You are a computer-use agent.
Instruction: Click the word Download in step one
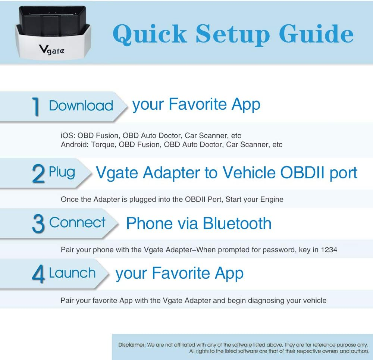coord(81,106)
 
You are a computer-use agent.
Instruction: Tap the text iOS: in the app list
coord(68,135)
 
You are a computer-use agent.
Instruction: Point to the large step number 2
coord(38,174)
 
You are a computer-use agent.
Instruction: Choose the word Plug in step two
coord(62,172)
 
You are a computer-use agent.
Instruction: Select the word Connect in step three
coord(78,222)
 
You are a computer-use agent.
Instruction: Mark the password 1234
coord(329,250)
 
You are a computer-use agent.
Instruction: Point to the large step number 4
coord(38,274)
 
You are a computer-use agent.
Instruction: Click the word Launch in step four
coord(72,273)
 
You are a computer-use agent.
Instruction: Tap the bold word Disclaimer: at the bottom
coord(132,345)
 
